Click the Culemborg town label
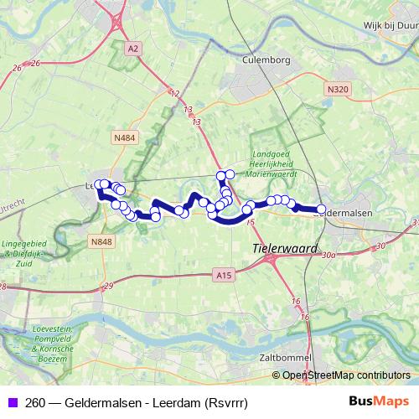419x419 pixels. pyautogui.click(x=265, y=60)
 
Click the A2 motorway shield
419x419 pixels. pyautogui.click(x=132, y=49)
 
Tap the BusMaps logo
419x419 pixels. pyautogui.click(x=380, y=401)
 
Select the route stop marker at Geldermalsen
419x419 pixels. pyautogui.click(x=321, y=209)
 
